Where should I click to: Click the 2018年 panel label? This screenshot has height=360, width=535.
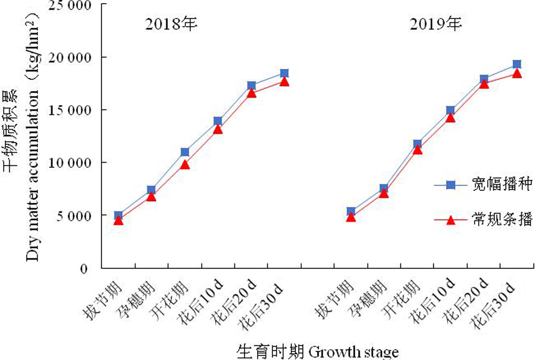171,25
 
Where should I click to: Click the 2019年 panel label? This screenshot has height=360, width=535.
436,25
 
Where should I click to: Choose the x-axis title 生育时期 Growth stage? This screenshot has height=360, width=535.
318,351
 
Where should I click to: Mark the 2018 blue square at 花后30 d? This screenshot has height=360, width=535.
284,73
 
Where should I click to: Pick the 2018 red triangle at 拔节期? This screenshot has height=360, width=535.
118,220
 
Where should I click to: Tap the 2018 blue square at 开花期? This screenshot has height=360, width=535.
185,152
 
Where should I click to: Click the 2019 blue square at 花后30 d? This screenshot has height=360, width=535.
517,64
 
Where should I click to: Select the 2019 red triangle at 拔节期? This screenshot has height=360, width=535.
351,217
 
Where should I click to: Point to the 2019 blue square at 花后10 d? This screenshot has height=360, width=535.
450,111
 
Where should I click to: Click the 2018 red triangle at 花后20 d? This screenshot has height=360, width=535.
251,92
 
